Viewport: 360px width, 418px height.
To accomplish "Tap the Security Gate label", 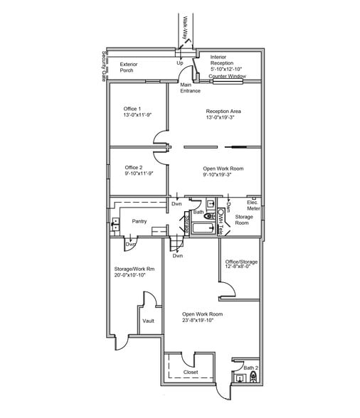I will (103, 67).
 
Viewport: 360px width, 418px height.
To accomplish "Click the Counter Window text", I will (227, 75).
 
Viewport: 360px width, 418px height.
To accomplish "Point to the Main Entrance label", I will (190, 88).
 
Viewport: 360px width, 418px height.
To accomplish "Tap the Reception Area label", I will (224, 111).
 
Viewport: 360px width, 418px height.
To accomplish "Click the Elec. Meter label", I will (253, 205).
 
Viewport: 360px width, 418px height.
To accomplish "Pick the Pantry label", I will (139, 221).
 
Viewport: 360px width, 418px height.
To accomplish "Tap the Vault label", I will (148, 321).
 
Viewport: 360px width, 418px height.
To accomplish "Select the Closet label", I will (191, 372).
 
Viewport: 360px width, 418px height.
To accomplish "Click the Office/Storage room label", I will (241, 262).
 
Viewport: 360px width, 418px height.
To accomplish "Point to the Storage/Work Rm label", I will (134, 269).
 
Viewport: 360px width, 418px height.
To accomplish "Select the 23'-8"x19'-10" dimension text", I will (202, 321).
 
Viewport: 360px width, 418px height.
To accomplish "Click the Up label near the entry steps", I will (180, 63).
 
